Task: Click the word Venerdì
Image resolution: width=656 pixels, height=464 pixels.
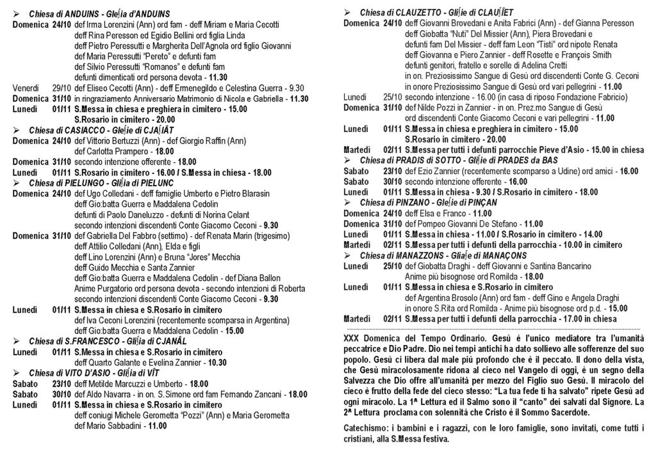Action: (x=27, y=88)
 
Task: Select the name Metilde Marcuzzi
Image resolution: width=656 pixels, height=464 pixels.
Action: (x=117, y=383)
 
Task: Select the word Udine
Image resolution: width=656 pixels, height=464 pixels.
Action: (x=548, y=171)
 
